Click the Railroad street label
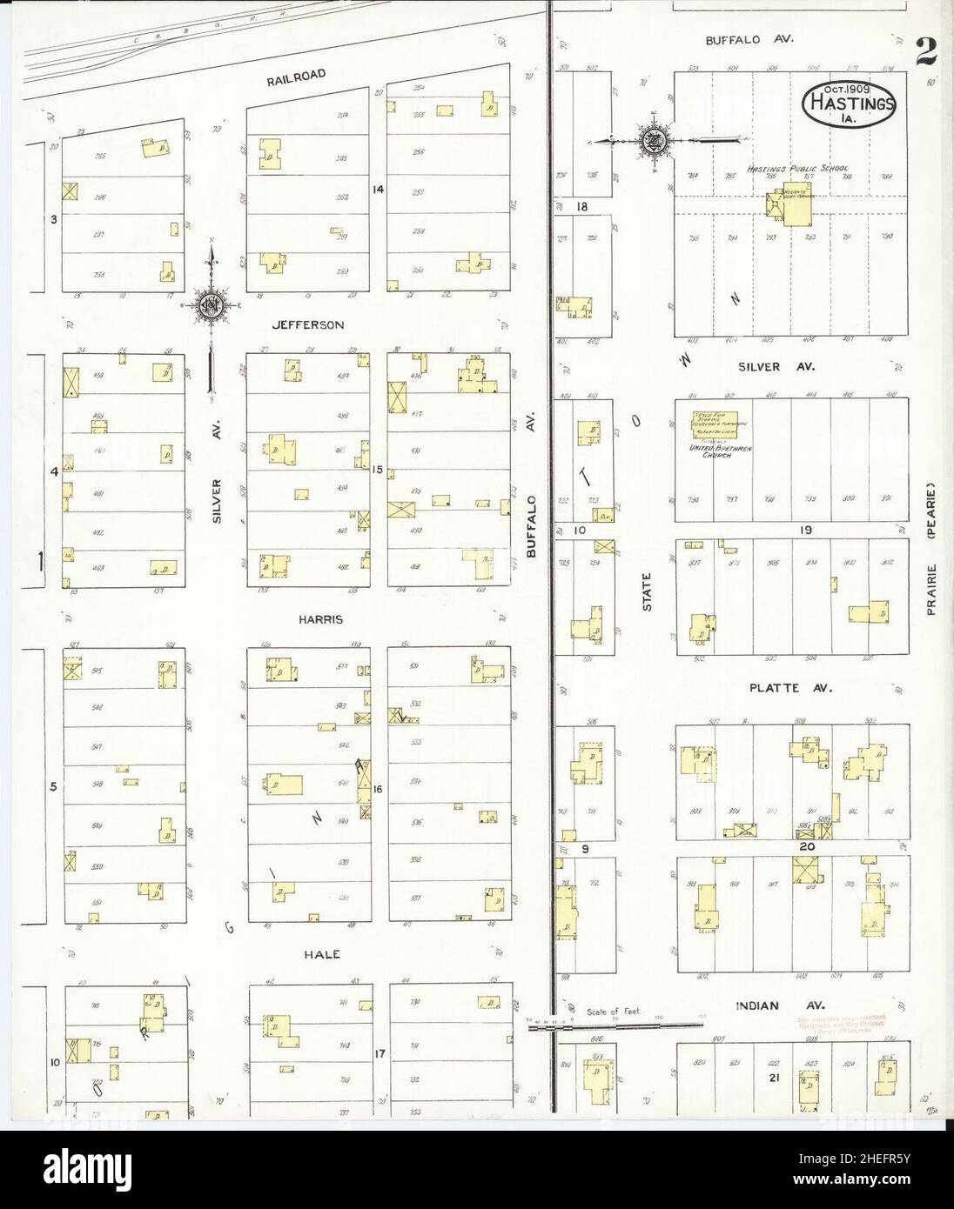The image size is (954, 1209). coord(296,76)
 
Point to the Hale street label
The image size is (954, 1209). coord(321,954)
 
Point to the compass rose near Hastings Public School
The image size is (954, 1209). coord(652,140)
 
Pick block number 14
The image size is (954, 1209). coord(378,189)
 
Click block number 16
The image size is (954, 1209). coord(378,789)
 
